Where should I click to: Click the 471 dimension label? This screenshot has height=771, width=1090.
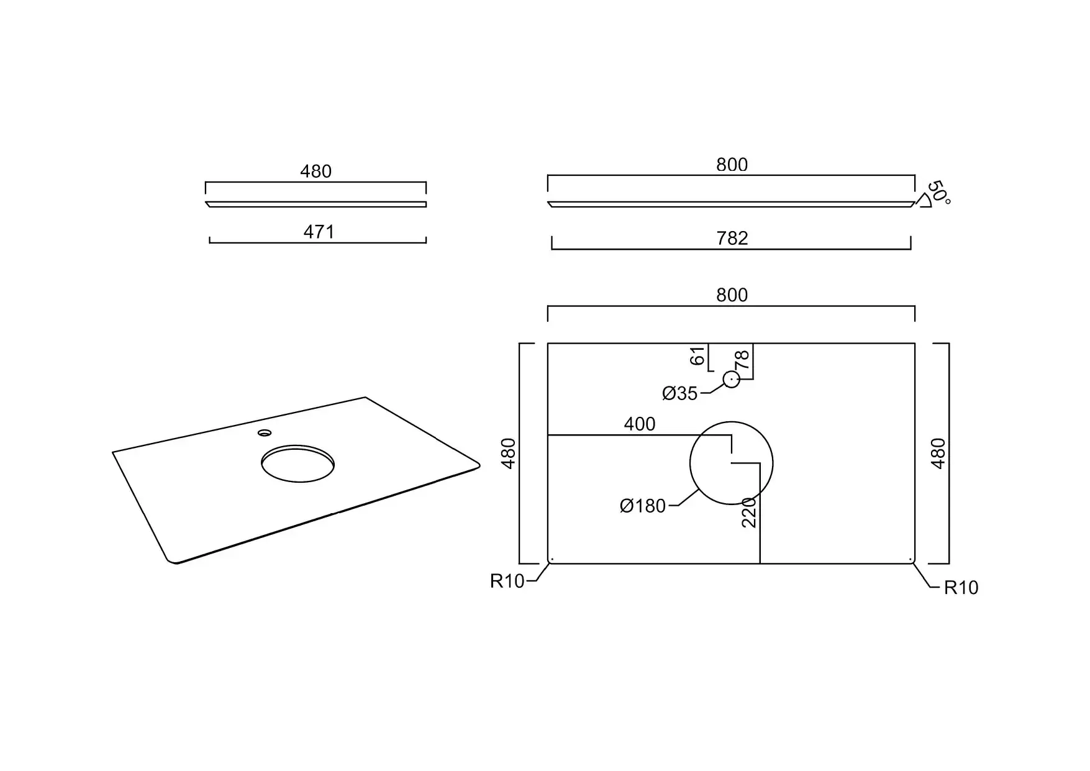pyautogui.click(x=319, y=232)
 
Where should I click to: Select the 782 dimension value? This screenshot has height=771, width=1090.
pyautogui.click(x=732, y=238)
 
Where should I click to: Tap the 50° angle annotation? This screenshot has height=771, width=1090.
pyautogui.click(x=938, y=193)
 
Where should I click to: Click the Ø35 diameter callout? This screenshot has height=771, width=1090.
pyautogui.click(x=680, y=393)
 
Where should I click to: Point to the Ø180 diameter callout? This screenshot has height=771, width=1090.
pyautogui.click(x=643, y=506)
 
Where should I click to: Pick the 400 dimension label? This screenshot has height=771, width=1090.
pyautogui.click(x=640, y=424)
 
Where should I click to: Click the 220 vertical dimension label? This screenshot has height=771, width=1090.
pyautogui.click(x=750, y=513)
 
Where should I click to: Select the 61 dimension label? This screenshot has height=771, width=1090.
pyautogui.click(x=699, y=357)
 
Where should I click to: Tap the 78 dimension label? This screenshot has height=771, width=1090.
pyautogui.click(x=742, y=359)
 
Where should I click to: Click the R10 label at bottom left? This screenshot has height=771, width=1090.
pyautogui.click(x=507, y=581)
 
